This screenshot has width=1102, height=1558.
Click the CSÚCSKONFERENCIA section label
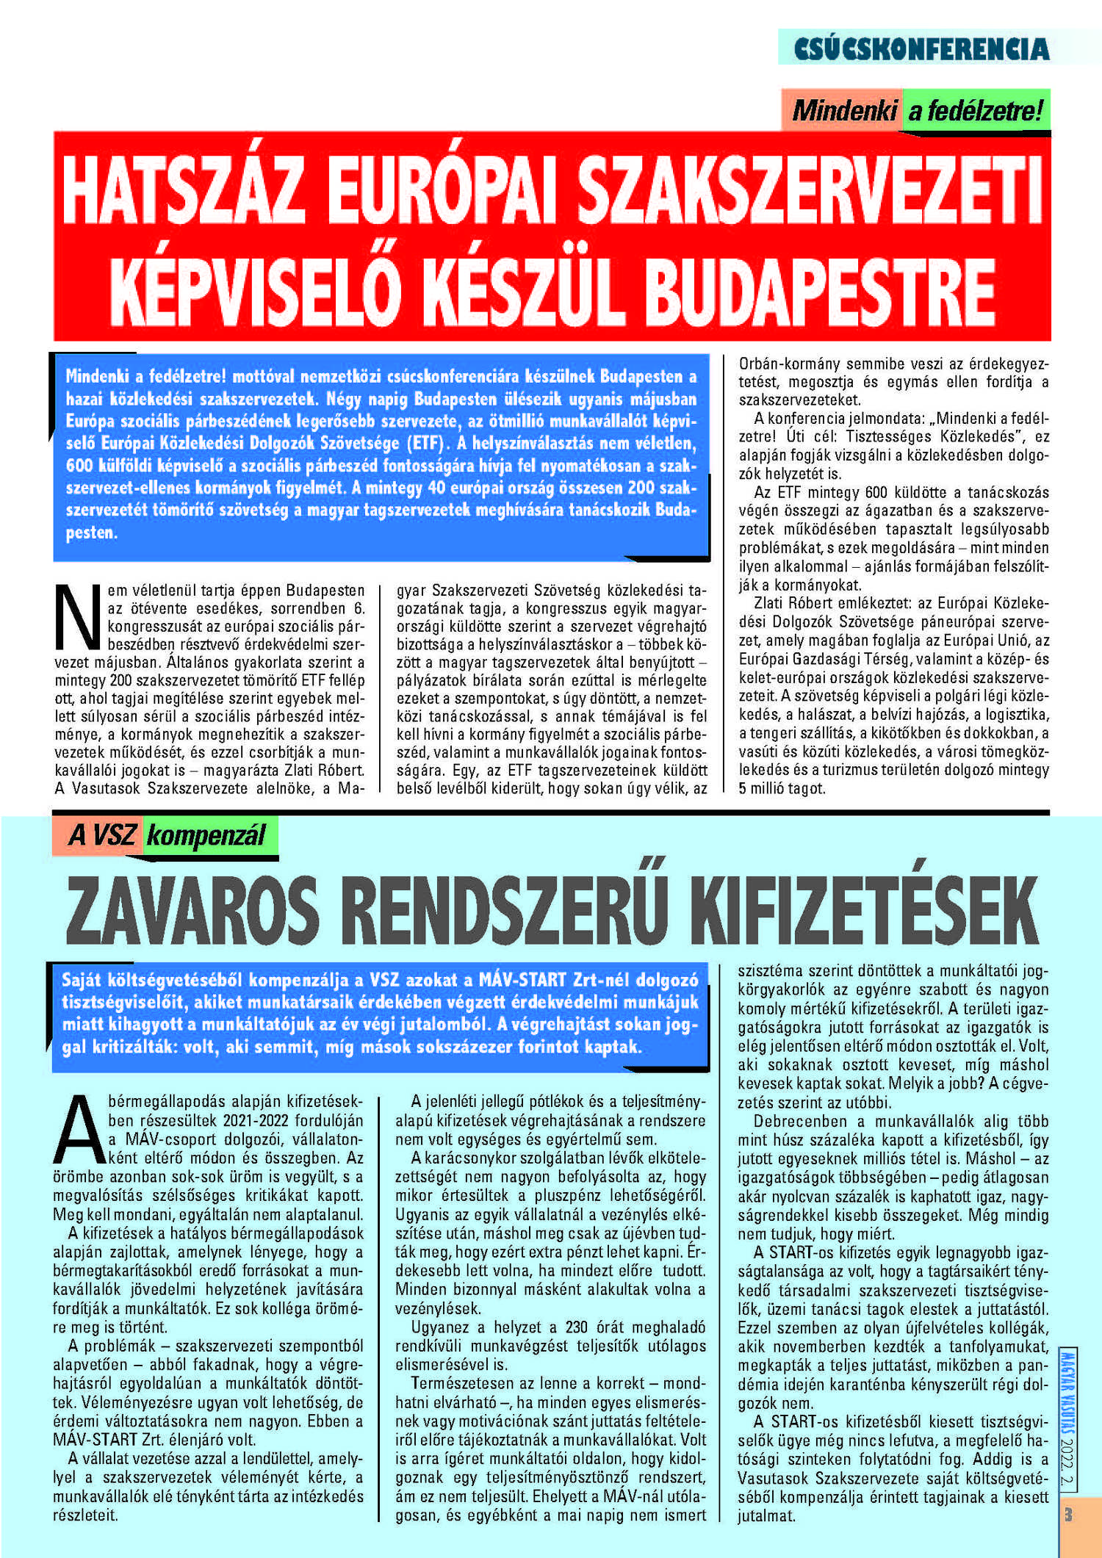click(921, 48)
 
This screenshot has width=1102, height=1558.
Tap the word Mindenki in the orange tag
click(844, 111)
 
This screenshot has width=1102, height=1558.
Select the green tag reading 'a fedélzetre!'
click(976, 111)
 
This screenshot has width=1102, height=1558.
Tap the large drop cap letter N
click(78, 617)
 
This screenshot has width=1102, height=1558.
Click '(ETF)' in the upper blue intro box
click(425, 444)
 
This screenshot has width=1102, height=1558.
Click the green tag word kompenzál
click(206, 836)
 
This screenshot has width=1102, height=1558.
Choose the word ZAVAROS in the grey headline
click(192, 912)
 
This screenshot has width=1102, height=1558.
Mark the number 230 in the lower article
click(576, 1327)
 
